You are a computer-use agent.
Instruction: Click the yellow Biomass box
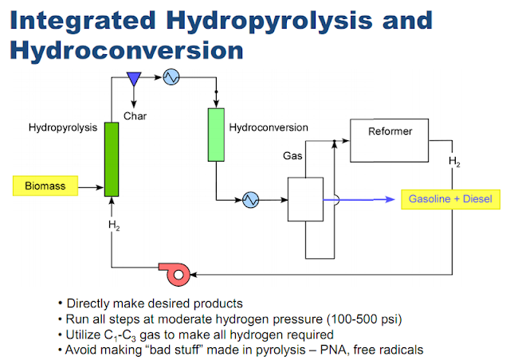pos(45,186)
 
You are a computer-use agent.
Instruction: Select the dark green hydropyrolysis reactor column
pos(112,159)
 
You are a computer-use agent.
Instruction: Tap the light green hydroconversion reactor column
pos(216,135)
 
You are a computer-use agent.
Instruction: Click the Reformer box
pos(389,140)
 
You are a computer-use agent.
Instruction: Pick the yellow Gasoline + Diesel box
pos(450,199)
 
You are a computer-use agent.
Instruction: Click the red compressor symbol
pos(175,274)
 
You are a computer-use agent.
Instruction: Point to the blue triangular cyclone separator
pos(134,79)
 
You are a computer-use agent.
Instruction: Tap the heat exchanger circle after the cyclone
pos(171,77)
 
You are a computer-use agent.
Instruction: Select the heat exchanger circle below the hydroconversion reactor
pos(251,200)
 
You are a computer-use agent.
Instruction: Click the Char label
pos(135,116)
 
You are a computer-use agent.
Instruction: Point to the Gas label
pos(292,156)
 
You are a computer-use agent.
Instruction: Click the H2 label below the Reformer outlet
pos(454,162)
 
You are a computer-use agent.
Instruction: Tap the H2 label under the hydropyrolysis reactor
pos(114,225)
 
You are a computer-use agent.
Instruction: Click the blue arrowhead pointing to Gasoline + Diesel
pos(390,199)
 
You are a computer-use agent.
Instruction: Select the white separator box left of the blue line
pos(305,199)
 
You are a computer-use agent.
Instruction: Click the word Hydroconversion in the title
pos(127,50)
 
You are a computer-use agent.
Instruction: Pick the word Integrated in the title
pos(83,21)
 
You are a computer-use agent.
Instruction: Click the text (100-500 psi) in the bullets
pos(364,319)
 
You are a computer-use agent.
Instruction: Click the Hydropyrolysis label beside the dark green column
pos(63,127)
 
